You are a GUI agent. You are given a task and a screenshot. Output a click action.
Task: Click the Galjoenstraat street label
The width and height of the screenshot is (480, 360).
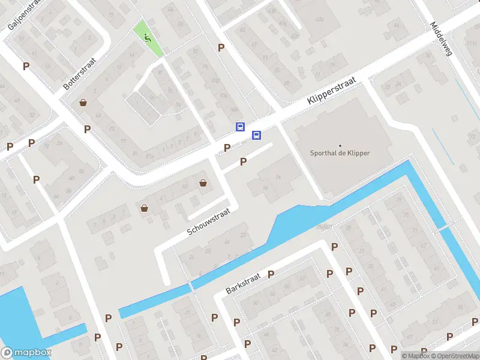(x=19, y=15)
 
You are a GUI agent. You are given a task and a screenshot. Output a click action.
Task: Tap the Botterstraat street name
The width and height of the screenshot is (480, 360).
(x=80, y=74)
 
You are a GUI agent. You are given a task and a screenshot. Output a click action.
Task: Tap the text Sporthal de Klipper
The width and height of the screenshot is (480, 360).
(x=340, y=153)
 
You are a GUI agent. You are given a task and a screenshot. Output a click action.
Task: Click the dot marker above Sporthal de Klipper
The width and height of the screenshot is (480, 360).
(x=340, y=145)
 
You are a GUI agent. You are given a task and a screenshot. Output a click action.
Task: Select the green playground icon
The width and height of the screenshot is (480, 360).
(x=148, y=38)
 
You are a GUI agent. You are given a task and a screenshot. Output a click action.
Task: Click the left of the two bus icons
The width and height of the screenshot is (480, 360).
(x=240, y=127)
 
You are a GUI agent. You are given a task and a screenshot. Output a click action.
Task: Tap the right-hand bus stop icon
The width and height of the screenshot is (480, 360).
(x=256, y=135)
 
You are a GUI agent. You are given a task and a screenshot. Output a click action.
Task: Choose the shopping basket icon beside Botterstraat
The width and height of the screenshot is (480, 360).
(x=83, y=103)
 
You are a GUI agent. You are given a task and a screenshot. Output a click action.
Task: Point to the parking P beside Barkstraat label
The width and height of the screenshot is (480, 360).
(x=271, y=274)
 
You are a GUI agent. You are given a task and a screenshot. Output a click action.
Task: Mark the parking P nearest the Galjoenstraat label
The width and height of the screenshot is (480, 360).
(x=26, y=66)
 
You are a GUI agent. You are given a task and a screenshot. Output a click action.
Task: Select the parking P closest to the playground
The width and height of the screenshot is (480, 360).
(x=221, y=47)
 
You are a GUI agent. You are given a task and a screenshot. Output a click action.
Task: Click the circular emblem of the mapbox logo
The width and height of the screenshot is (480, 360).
(x=8, y=352)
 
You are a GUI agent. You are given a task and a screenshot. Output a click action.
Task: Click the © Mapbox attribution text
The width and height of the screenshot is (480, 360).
(x=416, y=356)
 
